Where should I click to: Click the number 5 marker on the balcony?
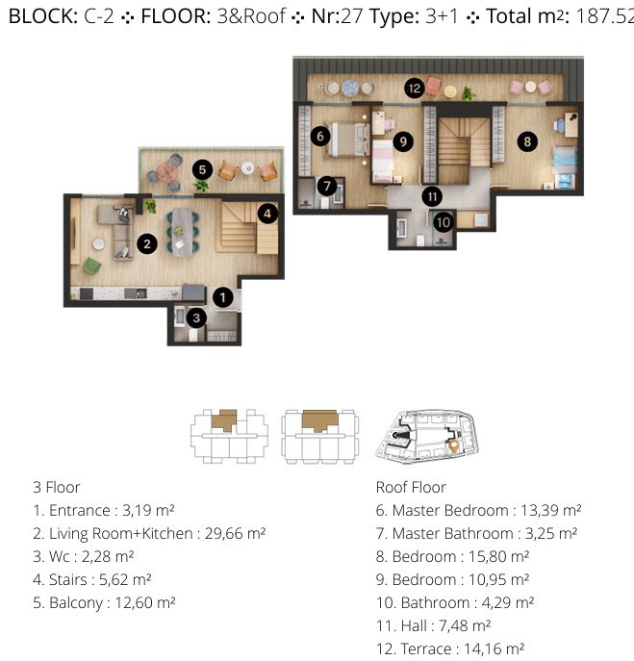coord(202,170)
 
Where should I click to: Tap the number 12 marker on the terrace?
coord(415,89)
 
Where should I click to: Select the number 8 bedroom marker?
coord(527,141)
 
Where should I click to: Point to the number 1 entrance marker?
coord(223,297)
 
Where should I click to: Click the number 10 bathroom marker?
coord(444,222)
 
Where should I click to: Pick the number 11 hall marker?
coord(432,196)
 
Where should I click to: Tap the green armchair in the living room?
coord(92,266)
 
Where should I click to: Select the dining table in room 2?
coord(182,232)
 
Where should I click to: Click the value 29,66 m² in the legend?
coord(235,534)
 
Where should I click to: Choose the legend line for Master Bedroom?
coord(478,511)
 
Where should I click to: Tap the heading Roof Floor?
coord(411,487)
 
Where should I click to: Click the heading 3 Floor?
coord(57,487)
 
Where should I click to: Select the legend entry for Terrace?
coord(450,649)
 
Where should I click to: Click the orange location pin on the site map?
coord(453,445)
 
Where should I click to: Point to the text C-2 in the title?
coord(99,16)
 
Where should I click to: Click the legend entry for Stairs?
coord(92,580)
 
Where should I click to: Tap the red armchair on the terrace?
coord(433,86)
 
